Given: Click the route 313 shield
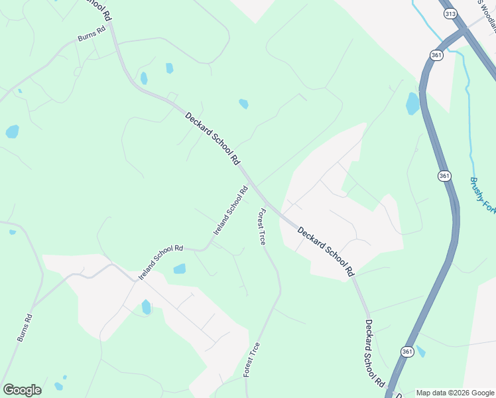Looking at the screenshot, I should tap(451, 14).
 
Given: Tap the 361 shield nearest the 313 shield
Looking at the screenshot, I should tap(436, 55).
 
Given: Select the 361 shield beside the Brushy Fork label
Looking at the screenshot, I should tap(444, 176).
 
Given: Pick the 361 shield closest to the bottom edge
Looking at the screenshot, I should tap(407, 351).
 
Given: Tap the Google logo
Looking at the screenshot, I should tap(22, 390).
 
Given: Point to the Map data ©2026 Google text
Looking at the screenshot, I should tap(455, 393).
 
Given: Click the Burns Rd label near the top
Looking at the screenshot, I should tap(92, 34).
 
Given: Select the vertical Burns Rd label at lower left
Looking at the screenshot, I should tap(24, 328).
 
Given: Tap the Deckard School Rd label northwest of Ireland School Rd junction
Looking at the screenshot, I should tap(212, 139).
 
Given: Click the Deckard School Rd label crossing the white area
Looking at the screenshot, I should tap(326, 251).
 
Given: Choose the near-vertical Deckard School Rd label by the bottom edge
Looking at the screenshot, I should tap(375, 354).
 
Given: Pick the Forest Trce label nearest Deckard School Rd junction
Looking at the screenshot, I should tap(262, 227).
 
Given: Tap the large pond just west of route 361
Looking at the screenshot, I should tap(412, 103).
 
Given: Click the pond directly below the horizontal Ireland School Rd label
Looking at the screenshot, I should tap(179, 269).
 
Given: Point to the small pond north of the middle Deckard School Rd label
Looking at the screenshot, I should tap(243, 103).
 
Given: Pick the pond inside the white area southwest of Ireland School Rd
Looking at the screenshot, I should tap(147, 306).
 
